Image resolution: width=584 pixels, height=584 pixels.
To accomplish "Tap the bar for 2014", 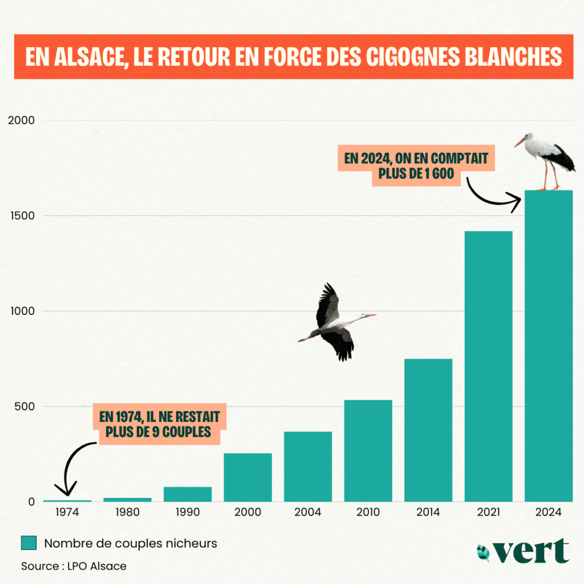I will tap(428, 430).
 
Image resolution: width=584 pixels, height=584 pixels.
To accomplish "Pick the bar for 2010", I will tap(368, 451).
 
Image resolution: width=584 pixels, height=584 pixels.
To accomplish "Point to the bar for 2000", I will tap(248, 477).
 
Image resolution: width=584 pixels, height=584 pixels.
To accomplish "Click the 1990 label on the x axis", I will tap(188, 512).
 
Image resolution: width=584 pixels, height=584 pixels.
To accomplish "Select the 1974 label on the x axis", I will tap(67, 512).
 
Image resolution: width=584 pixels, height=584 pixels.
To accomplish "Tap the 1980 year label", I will tap(127, 512).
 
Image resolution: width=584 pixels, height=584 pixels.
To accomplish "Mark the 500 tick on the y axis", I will tap(26, 407).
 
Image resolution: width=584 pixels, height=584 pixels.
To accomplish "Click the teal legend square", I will tap(29, 544).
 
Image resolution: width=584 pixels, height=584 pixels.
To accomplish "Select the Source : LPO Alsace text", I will tap(74, 566).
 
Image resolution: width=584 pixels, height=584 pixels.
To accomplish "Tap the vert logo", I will tap(523, 551).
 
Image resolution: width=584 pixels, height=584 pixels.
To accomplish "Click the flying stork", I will tap(336, 323).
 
